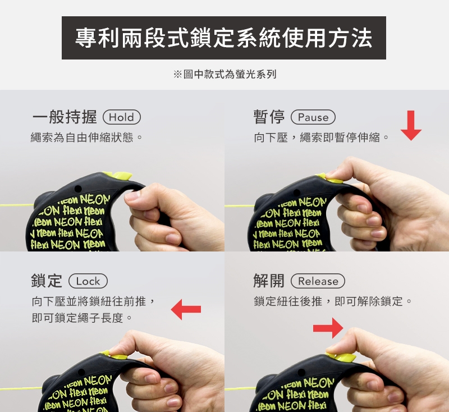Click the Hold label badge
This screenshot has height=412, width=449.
tap(122, 117)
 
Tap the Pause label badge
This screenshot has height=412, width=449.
tap(313, 117)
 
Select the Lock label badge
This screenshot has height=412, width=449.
tap(88, 281)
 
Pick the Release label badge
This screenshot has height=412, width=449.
tap(318, 281)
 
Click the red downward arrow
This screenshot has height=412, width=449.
tap(411, 125)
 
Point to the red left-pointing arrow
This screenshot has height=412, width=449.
tap(186, 309)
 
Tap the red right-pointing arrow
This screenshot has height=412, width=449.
tap(328, 328)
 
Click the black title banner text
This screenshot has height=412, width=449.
tap(223, 38)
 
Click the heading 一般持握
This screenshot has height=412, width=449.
tap(65, 117)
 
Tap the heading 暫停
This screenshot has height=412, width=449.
tap(269, 117)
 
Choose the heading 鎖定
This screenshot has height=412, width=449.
tap(47, 281)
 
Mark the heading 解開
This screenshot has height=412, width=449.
tap(269, 281)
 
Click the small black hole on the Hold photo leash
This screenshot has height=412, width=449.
tap(78, 189)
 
